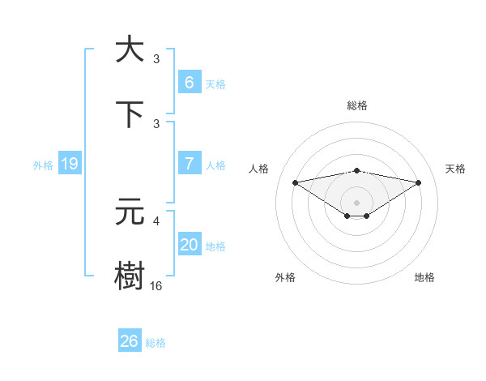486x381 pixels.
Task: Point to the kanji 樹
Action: click(130, 275)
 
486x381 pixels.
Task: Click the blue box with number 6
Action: click(189, 82)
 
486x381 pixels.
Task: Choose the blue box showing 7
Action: click(189, 164)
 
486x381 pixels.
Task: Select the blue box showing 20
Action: click(189, 245)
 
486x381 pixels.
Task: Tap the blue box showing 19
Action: click(70, 164)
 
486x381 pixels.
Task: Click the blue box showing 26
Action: click(129, 341)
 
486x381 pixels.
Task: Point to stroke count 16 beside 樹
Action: click(156, 286)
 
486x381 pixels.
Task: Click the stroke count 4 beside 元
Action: click(157, 220)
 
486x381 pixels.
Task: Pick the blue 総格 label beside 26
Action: click(156, 343)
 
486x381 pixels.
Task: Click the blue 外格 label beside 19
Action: click(43, 165)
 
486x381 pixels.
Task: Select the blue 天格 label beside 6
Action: click(215, 83)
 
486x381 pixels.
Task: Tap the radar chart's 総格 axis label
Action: click(356, 105)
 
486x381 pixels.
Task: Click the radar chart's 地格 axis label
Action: click(424, 277)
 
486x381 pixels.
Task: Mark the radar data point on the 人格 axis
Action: click(295, 182)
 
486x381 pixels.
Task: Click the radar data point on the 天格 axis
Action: click(419, 182)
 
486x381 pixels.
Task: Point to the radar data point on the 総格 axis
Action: click(356, 170)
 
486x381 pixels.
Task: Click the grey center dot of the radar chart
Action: click(356, 202)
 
